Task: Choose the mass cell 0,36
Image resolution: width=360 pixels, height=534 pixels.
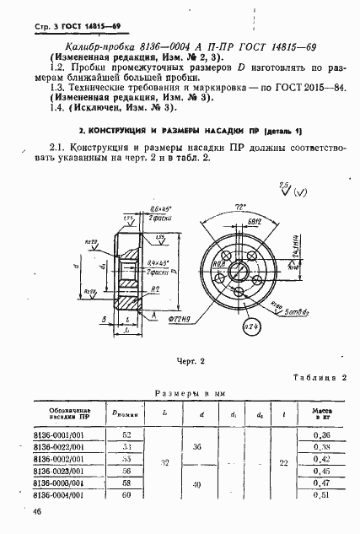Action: (x=319, y=434)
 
